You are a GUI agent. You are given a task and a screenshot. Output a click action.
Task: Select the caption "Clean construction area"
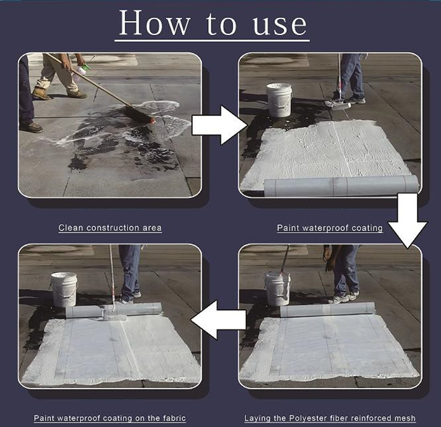[x=110, y=228]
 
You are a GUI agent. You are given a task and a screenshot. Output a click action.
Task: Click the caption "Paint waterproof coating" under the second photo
[x=330, y=228]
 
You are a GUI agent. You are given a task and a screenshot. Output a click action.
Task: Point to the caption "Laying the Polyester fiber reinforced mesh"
[x=330, y=418]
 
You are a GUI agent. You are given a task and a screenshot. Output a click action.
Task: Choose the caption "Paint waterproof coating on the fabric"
[x=109, y=418]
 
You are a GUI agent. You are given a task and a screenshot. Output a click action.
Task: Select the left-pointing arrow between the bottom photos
[x=218, y=320]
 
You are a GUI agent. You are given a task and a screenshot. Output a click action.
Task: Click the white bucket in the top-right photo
[x=279, y=100]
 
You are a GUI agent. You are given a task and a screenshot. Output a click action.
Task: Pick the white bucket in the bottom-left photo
[x=64, y=290]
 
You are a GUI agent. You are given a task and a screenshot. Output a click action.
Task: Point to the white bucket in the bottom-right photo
[x=277, y=289]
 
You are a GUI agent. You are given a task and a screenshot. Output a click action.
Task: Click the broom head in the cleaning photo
[x=139, y=115]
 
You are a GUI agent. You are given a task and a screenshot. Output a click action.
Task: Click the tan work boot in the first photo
[x=41, y=94]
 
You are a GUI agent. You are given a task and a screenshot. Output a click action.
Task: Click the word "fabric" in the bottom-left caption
[x=174, y=418]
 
